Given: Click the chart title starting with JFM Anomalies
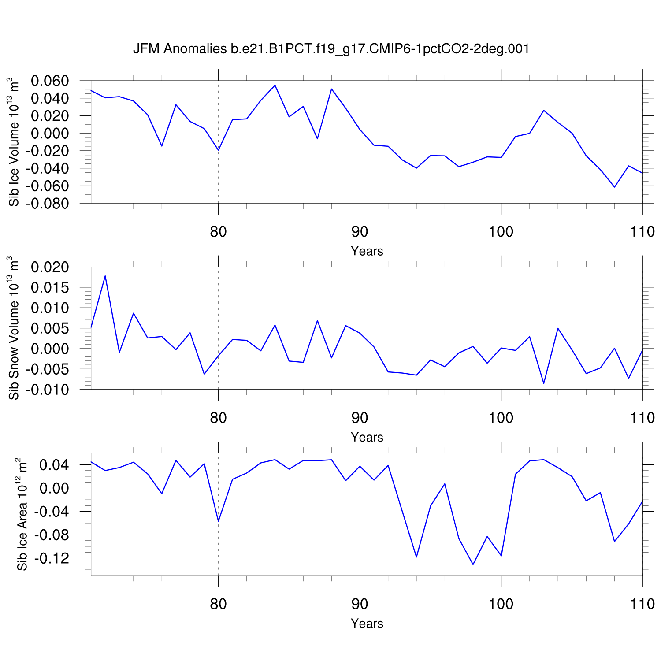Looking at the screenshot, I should [331, 49].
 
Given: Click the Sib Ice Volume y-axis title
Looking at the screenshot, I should [14, 142].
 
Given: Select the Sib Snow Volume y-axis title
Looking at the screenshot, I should [14, 328].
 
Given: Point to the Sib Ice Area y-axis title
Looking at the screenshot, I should [22, 514].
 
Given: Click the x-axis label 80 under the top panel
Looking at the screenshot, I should [218, 232].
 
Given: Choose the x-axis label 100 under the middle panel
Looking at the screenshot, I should [501, 418].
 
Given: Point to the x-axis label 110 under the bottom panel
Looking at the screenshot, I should [642, 604].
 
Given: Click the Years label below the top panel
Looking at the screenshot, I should [367, 251].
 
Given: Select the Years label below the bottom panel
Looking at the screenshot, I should [367, 624].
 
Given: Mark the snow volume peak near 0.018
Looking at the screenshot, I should [105, 276].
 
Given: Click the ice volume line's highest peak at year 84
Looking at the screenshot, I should [275, 85].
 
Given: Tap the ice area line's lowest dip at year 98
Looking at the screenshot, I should [473, 564].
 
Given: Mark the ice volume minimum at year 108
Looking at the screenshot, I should [614, 187].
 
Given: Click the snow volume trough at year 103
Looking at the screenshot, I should [544, 383].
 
